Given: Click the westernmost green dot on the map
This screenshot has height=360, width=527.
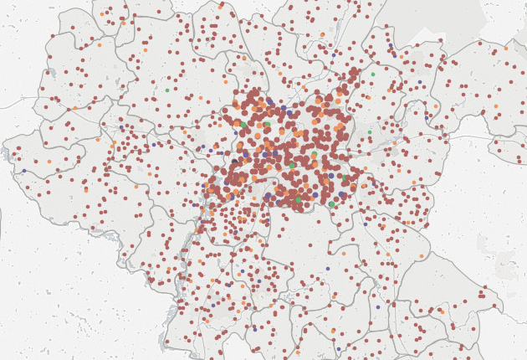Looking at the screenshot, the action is [x=166, y=90].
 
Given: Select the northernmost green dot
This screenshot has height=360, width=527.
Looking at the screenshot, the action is [x=373, y=74].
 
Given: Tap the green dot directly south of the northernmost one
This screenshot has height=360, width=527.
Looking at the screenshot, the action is [x=369, y=131].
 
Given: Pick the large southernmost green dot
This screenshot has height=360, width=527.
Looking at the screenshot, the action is [x=331, y=204].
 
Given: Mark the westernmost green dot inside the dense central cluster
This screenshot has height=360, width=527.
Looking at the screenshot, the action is [x=237, y=123].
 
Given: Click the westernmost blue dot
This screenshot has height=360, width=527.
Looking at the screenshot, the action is [x=23, y=171].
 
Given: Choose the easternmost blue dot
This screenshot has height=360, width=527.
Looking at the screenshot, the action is [x=426, y=117].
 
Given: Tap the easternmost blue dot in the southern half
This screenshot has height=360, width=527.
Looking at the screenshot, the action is [x=377, y=306].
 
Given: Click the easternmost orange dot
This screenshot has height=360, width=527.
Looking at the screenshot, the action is [x=506, y=49].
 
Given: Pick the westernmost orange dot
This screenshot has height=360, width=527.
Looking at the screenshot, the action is [x=49, y=161].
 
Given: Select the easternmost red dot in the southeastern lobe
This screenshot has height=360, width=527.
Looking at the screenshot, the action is [x=494, y=305].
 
